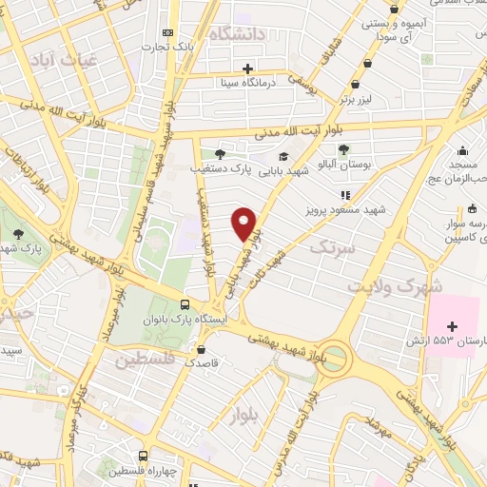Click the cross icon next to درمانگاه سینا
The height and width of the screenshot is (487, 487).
247,68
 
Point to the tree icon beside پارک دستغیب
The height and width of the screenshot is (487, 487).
221,153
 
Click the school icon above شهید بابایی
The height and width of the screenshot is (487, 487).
282,156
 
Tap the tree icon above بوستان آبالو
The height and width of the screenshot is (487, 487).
343,148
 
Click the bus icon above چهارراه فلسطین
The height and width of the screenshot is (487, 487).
143,456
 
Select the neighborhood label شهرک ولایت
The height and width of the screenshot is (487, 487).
396,285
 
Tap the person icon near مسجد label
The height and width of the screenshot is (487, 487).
462,150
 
